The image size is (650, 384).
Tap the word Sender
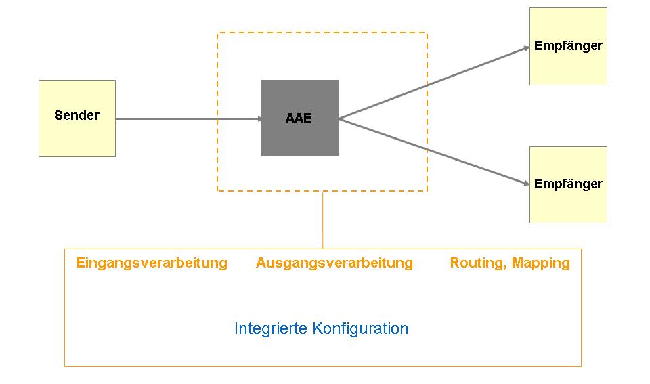point(77,115)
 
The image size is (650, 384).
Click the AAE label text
point(299,118)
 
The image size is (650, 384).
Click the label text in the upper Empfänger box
point(568,46)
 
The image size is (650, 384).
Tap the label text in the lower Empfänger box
point(568,184)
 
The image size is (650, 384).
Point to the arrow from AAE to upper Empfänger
point(433,83)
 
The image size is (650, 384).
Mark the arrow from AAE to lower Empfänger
point(433,152)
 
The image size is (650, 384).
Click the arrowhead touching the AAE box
point(258,119)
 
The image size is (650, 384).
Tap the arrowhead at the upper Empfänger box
point(525,48)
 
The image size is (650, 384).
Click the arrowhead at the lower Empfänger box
point(525,183)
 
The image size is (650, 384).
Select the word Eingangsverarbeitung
point(152,263)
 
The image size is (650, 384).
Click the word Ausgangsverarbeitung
point(334,263)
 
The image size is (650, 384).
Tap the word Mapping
point(541,263)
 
